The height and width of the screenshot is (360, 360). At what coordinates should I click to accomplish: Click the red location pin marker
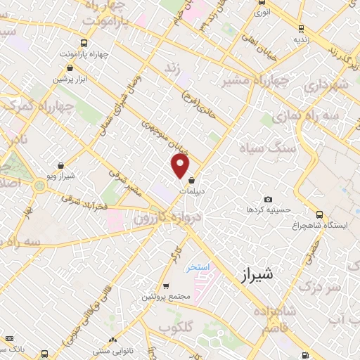point(180,166)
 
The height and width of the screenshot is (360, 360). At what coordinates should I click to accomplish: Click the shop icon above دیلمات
point(192,181)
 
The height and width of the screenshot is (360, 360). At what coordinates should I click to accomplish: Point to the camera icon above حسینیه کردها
point(268,200)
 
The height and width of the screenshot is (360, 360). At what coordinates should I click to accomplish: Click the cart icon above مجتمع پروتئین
point(165,286)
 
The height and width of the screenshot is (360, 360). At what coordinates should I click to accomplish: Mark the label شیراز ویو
point(70,176)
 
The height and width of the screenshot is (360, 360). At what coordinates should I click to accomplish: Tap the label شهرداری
point(327,85)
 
